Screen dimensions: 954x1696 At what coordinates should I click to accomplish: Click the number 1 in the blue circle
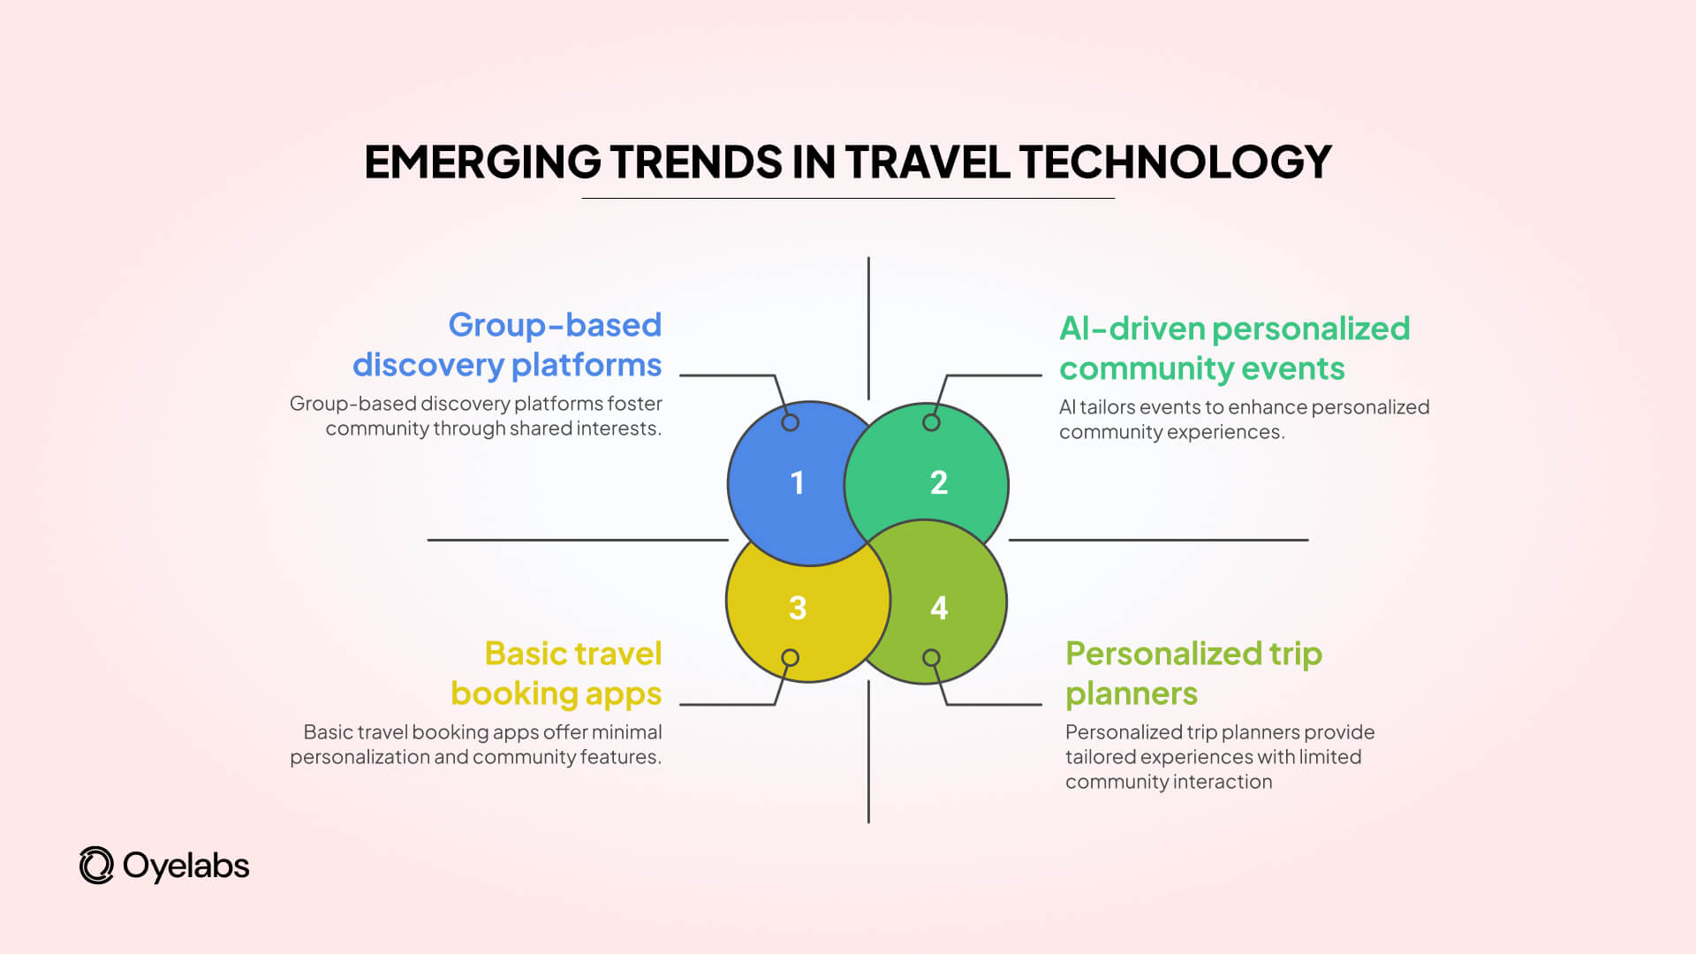[x=798, y=483]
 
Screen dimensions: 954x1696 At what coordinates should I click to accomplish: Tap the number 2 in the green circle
[x=939, y=482]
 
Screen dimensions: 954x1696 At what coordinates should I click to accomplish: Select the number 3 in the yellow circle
[x=798, y=608]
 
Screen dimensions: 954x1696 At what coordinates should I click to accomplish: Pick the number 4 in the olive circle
[x=939, y=608]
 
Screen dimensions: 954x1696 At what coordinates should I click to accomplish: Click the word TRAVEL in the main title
[x=927, y=163]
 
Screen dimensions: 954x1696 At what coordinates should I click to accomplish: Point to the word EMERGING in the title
[x=482, y=163]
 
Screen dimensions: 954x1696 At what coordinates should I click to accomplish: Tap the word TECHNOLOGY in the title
[x=1175, y=163]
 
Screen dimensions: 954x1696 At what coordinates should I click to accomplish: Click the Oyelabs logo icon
[x=96, y=866]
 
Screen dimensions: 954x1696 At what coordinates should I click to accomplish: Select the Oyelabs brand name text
[x=186, y=866]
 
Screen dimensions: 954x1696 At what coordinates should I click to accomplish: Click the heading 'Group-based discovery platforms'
[x=507, y=344]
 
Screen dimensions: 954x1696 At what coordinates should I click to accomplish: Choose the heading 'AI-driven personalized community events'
[x=1234, y=348]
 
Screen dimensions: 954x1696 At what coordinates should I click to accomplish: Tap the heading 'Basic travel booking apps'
[x=556, y=673]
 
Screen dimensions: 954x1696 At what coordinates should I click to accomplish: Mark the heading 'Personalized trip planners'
[x=1193, y=673]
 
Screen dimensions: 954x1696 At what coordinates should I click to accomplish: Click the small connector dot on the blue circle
[x=791, y=422]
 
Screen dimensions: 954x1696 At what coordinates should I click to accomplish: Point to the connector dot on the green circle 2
[x=931, y=422]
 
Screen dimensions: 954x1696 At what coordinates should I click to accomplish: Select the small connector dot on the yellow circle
[x=791, y=658]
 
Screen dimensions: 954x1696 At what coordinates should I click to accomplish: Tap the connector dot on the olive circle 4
[x=931, y=658]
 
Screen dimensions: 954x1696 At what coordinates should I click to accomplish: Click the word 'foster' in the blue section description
[x=634, y=404]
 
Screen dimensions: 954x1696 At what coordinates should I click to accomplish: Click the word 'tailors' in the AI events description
[x=1107, y=407]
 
